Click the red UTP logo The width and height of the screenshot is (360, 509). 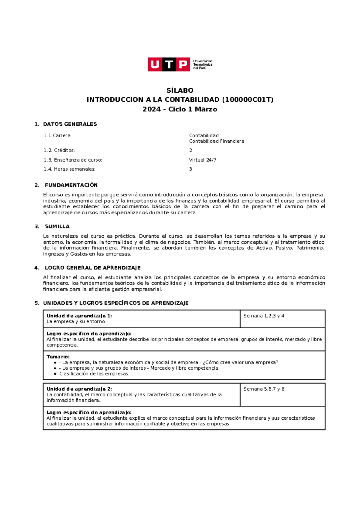click(169, 64)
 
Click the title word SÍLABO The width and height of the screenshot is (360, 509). click(180, 90)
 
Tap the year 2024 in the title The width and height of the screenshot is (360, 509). click(151, 109)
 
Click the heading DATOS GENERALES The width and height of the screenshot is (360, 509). click(70, 124)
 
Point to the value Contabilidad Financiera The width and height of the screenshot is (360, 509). click(217, 141)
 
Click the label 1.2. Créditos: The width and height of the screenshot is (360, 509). click(59, 150)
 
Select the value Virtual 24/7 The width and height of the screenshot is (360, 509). click(202, 160)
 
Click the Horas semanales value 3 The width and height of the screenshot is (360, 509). click(190, 169)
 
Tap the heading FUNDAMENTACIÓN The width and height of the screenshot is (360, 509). click(71, 185)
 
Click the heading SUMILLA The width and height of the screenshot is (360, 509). click(57, 226)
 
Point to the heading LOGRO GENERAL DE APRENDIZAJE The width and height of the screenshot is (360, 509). click(92, 268)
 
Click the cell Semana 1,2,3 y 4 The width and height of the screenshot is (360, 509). click(264, 316)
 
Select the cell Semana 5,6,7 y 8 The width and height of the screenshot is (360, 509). click(264, 389)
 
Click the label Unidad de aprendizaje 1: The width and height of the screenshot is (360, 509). click(79, 316)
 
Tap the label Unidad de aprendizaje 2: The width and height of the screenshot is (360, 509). click(79, 389)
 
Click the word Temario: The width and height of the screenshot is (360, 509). click(58, 357)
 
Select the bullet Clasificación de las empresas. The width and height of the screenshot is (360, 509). click(94, 374)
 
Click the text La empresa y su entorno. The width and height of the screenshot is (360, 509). click(76, 321)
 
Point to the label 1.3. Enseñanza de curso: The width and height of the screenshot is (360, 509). click(73, 160)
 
